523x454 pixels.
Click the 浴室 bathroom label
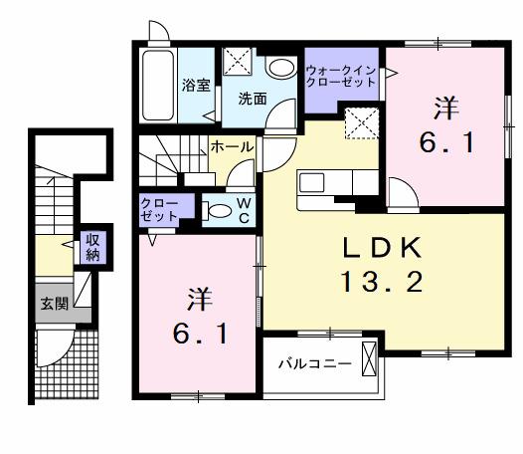tap(193, 86)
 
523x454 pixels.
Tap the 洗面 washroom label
tap(252, 99)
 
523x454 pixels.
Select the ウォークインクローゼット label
tap(340, 77)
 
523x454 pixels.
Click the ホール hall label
tap(232, 147)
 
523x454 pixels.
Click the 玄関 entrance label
tap(55, 305)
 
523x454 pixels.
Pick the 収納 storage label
tap(92, 246)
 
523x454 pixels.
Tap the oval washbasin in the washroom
tap(281, 68)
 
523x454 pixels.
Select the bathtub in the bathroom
tap(157, 85)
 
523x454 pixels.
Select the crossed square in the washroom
tap(239, 62)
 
